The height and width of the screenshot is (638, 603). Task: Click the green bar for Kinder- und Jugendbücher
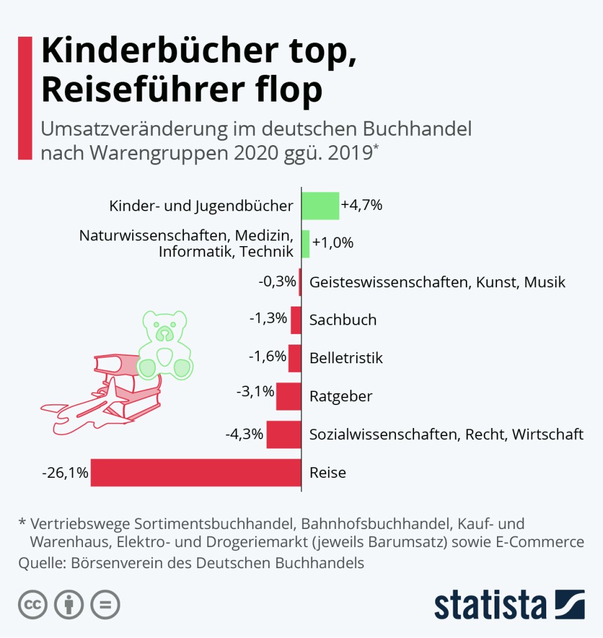click(x=321, y=206)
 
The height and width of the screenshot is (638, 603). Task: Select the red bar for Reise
click(x=196, y=472)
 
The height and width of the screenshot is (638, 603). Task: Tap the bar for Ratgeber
click(x=289, y=396)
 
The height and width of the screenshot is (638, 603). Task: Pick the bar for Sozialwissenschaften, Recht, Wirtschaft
click(x=284, y=434)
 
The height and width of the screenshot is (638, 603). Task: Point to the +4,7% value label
click(x=361, y=205)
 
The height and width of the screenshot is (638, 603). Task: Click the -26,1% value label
click(x=65, y=473)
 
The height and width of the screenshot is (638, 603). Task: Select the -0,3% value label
click(x=277, y=282)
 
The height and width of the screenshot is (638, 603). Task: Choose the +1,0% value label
click(x=333, y=243)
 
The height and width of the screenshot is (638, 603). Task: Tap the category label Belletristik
click(x=346, y=358)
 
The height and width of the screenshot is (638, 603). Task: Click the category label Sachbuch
click(x=343, y=320)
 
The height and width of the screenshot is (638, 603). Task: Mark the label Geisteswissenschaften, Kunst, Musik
click(x=437, y=282)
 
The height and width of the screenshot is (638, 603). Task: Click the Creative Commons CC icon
click(x=33, y=604)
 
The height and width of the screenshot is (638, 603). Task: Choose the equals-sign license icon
click(x=105, y=604)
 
